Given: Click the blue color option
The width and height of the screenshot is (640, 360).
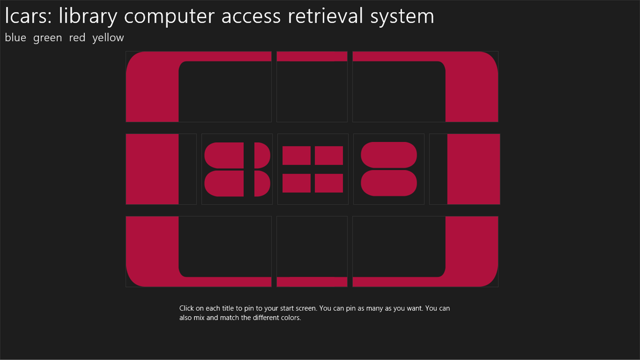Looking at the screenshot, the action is coord(16,38).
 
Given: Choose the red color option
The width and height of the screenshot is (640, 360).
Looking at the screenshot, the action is coord(77,38).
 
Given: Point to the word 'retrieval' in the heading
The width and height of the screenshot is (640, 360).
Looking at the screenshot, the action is coord(325,16).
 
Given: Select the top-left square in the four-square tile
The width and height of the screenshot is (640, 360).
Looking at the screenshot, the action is coord(296,156).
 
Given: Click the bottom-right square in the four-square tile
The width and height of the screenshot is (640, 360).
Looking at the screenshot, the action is coord(329,183).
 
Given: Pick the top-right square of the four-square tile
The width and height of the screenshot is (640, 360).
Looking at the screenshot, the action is coord(329,156).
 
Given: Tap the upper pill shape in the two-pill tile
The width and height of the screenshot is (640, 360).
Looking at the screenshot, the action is coord(389,155).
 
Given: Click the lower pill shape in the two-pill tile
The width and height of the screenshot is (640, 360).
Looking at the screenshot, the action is coord(389,183).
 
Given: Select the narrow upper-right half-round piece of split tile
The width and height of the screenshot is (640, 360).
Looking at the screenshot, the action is coord(262,156).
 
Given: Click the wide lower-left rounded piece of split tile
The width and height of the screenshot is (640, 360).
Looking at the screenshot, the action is coord(224,184).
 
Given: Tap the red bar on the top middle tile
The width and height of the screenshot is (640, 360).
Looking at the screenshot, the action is coord(312,56).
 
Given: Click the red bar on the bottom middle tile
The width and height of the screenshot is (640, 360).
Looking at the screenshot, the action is coord(312,282).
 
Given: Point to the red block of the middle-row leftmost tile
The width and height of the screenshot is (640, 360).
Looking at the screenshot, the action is coord(152,169).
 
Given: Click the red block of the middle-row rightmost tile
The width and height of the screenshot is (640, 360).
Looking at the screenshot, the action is coord(474,169).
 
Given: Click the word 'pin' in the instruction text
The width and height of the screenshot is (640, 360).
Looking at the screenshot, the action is coord(248,309).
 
